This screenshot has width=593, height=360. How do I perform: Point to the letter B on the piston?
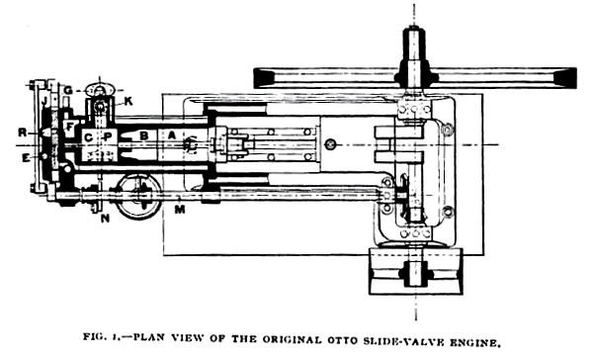click(x=143, y=135)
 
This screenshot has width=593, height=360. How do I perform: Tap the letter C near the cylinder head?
click(x=88, y=136)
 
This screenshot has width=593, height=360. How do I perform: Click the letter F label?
click(x=70, y=127)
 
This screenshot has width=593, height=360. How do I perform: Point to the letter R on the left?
click(x=21, y=130)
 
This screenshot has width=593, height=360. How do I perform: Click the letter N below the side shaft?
click(x=104, y=218)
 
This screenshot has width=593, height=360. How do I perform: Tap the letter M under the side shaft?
click(x=178, y=209)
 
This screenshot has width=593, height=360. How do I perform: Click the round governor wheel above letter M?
click(x=135, y=195)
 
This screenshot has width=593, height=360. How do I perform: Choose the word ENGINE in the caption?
click(x=477, y=343)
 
